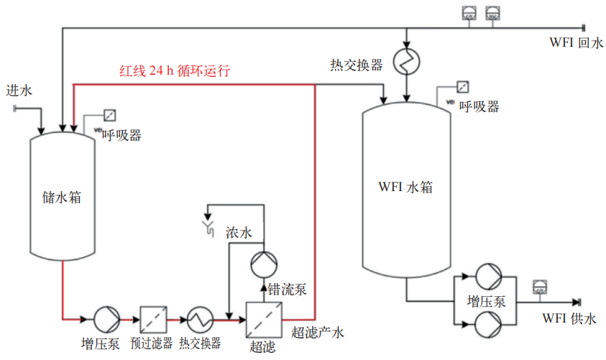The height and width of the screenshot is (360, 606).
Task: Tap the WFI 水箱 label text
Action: pos(405,187)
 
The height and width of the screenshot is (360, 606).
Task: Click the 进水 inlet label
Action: pos(19,91)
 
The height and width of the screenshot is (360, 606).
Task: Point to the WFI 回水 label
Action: pos(575,43)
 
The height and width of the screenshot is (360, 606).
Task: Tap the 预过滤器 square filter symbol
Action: pos(152,318)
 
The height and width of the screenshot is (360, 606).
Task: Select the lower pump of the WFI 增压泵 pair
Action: pos(487,325)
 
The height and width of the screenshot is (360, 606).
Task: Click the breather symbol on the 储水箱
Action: pos(110,115)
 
